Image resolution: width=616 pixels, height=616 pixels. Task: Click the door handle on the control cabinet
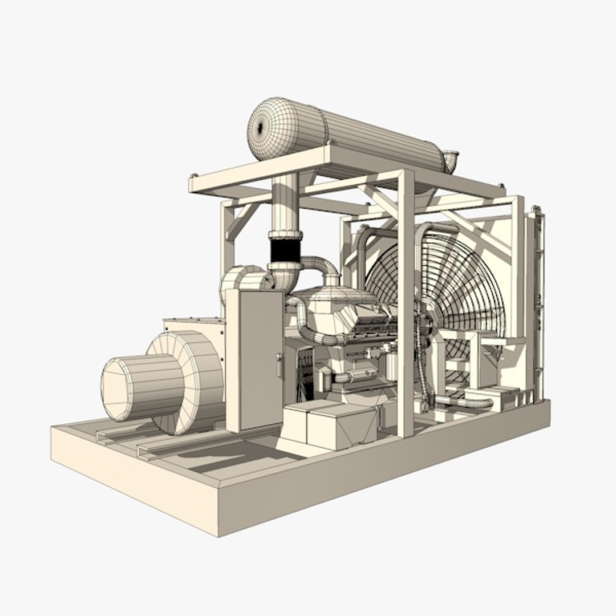point(279,364)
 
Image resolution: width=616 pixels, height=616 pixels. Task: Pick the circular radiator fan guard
point(439,291)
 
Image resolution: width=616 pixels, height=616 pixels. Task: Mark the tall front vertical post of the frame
point(406,302)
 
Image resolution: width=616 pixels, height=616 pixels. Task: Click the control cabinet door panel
point(260,359)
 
